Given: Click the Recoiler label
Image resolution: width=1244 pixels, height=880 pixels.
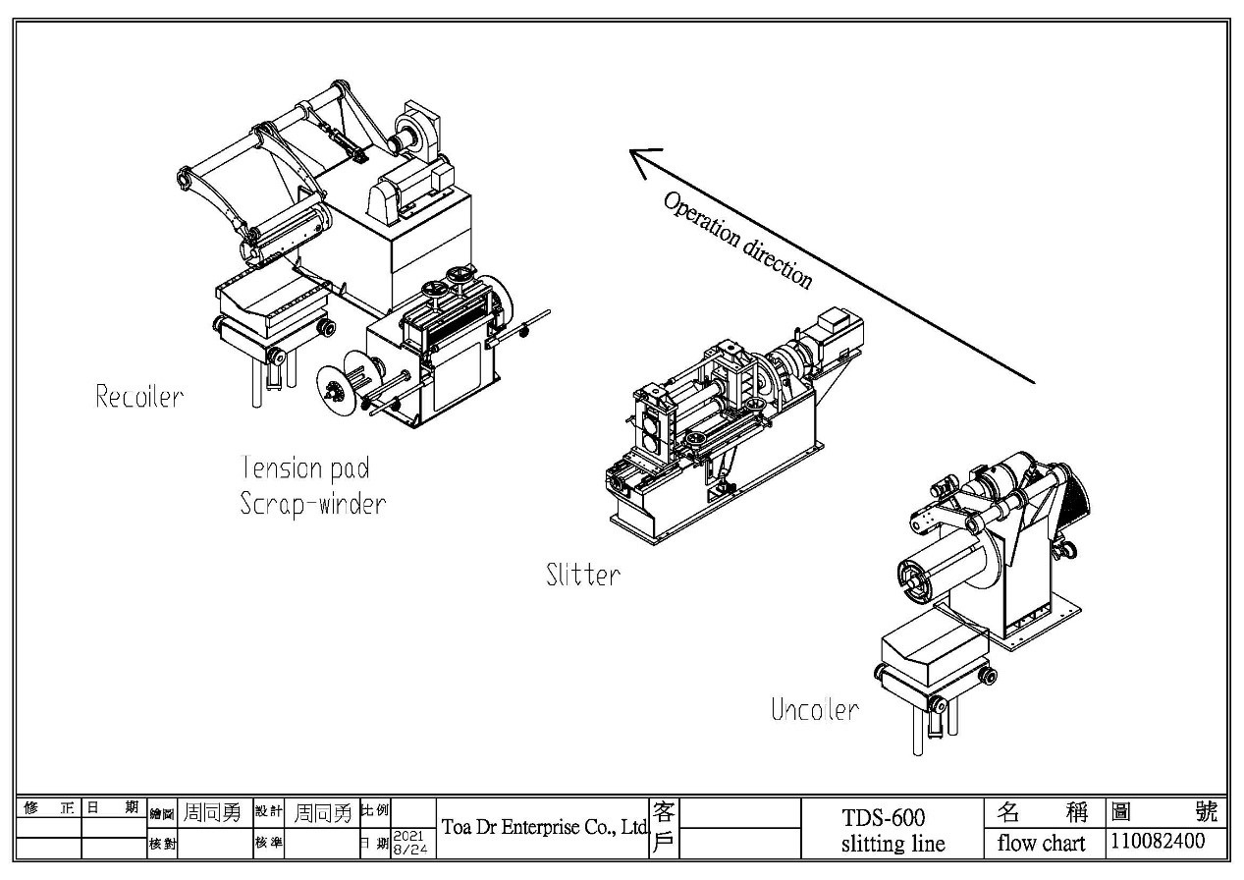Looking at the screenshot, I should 138,397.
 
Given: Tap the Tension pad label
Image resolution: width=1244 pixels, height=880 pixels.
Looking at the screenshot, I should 305,467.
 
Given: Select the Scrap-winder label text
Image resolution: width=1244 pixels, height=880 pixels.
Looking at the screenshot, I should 312,504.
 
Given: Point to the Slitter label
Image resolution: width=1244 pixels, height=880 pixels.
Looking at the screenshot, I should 583,575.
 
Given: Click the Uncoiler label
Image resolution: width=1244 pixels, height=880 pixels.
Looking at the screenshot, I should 814,710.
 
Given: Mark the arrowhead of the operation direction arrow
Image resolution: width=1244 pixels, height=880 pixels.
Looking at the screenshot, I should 640,159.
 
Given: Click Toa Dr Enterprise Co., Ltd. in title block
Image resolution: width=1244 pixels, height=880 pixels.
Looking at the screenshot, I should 545,827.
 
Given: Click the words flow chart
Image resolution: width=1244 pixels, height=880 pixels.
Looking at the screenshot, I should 1042,843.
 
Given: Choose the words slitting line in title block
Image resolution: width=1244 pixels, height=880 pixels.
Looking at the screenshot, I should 892,844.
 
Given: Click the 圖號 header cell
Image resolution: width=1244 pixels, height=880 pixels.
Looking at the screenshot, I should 1163,812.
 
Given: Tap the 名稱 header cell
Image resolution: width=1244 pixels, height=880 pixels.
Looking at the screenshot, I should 1042,812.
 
